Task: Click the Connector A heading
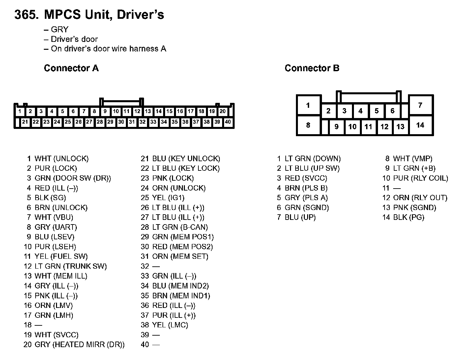point(71,68)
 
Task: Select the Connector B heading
point(312,68)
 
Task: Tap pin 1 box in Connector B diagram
point(308,105)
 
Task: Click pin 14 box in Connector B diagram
point(420,125)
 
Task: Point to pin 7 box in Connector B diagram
point(420,105)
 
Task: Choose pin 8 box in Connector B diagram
point(308,125)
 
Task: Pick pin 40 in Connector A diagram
point(228,122)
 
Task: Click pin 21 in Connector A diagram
point(25,122)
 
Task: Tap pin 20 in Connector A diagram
point(223,111)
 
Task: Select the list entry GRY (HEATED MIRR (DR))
point(79,345)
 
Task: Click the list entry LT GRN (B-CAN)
point(180,227)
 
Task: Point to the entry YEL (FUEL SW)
point(61,256)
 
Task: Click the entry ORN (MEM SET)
point(180,256)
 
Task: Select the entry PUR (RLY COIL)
point(420,178)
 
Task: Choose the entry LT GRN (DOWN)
point(312,159)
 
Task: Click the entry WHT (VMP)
point(413,159)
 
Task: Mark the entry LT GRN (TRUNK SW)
point(71,266)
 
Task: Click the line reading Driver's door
point(74,39)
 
